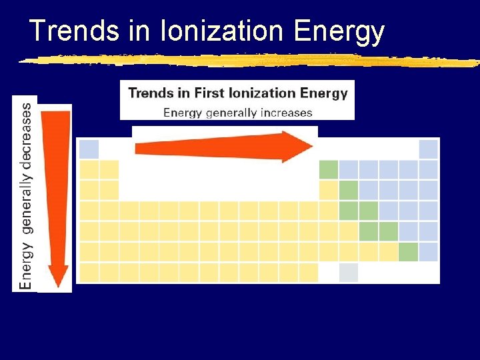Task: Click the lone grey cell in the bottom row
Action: pyautogui.click(x=349, y=273)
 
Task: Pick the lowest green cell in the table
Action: pyautogui.click(x=408, y=252)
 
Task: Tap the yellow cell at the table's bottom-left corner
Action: pyautogui.click(x=89, y=273)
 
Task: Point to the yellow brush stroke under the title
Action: pyautogui.click(x=247, y=60)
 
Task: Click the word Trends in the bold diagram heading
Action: pyautogui.click(x=151, y=93)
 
